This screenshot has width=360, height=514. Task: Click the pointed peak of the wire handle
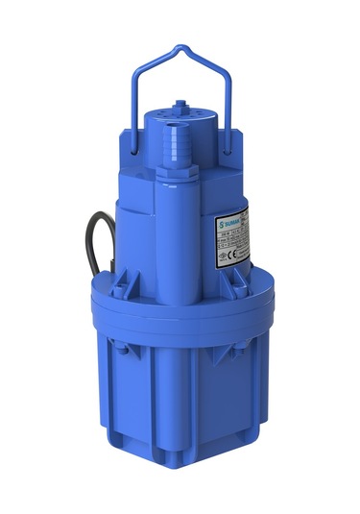(x=181, y=43)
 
